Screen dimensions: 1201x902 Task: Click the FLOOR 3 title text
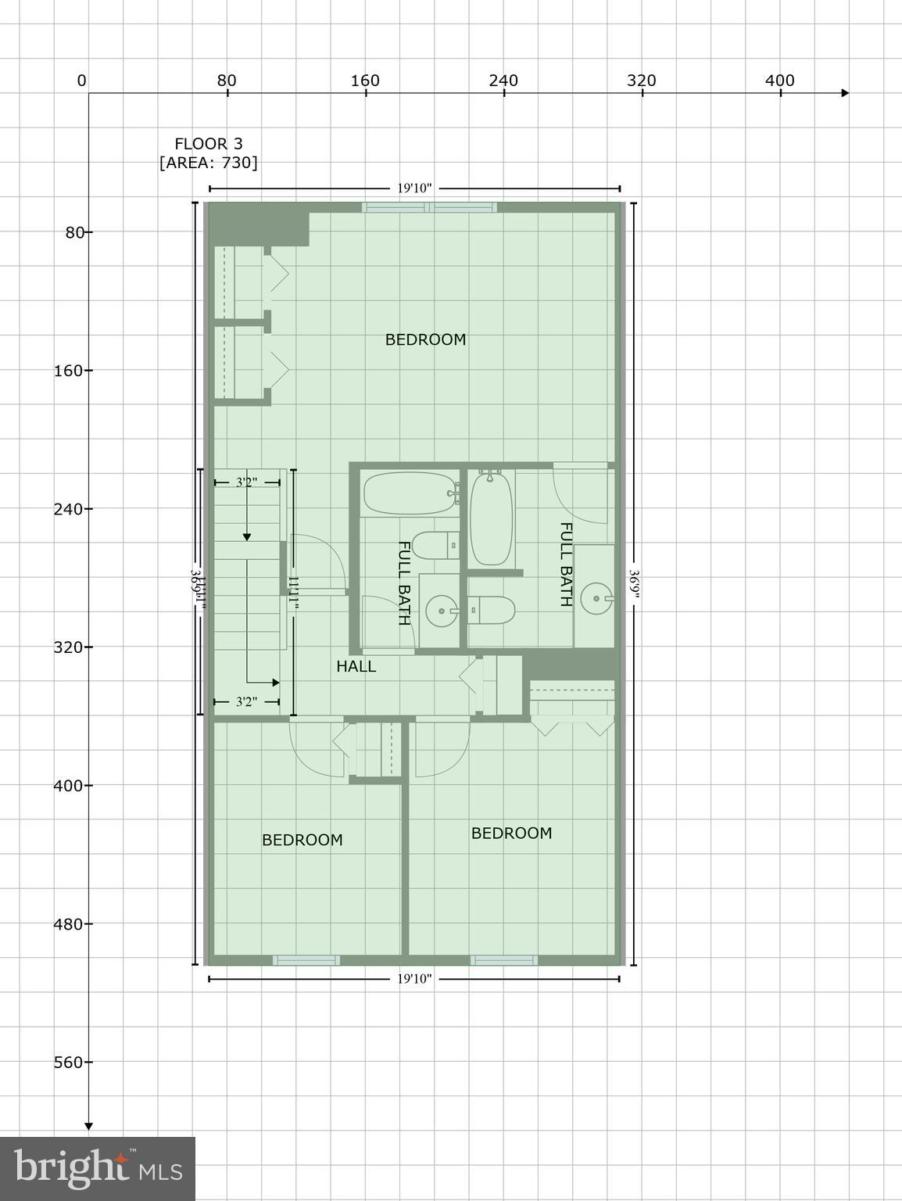coord(208,144)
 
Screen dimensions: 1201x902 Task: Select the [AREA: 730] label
coord(208,163)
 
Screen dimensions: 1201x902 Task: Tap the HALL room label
coord(356,666)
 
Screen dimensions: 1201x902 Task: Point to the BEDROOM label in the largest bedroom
coord(425,339)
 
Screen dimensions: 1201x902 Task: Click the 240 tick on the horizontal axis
coord(503,81)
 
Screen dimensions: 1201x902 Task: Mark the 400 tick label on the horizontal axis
coord(779,81)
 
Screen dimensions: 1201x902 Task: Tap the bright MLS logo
coord(97,1168)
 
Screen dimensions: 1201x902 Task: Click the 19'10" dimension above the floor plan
coord(414,188)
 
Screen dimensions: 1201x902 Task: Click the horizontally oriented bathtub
coord(410,493)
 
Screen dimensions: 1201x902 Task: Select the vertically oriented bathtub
coord(492,517)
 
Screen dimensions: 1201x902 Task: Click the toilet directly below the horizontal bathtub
coord(435,544)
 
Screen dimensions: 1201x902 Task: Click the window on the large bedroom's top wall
coord(429,207)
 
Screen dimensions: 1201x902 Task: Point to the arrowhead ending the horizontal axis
coord(844,93)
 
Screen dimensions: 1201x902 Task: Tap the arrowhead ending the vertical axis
coord(88,1126)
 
